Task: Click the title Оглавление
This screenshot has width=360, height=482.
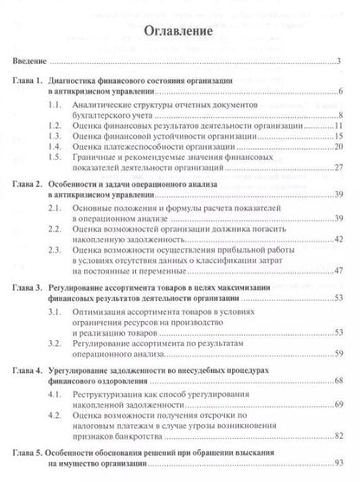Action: (x=179, y=33)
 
